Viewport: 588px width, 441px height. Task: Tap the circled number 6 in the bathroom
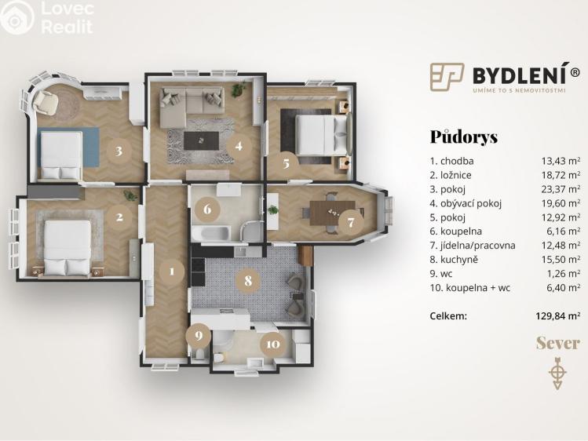[x=207, y=209]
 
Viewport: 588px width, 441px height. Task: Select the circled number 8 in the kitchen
[x=248, y=279]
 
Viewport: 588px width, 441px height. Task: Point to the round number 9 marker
[x=199, y=337]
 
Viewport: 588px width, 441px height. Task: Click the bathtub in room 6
[x=210, y=233]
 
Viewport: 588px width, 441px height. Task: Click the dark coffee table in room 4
[x=202, y=140]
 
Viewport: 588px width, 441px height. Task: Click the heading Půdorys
[x=464, y=137]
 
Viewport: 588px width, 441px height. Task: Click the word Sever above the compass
[x=557, y=343]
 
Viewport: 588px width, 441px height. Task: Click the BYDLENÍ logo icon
[x=447, y=77]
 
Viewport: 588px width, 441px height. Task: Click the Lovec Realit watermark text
[x=67, y=17]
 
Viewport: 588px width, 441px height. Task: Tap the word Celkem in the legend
[x=448, y=316]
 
